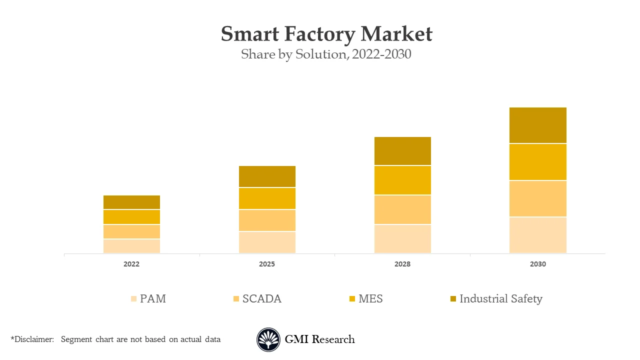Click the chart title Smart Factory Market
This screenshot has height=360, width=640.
click(326, 34)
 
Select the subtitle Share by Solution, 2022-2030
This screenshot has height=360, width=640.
click(326, 54)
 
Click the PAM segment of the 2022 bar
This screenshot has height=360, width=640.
click(132, 246)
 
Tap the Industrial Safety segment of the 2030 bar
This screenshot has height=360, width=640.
click(538, 125)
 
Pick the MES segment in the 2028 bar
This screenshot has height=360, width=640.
click(402, 180)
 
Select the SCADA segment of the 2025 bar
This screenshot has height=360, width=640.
click(267, 220)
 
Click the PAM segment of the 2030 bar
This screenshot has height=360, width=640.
click(538, 235)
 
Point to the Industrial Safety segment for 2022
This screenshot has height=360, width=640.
click(132, 202)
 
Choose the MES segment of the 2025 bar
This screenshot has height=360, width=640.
click(267, 198)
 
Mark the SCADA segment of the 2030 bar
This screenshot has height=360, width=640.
click(538, 198)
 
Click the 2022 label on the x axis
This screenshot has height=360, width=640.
click(132, 264)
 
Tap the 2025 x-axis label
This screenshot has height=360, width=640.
click(267, 264)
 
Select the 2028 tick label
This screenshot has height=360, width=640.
click(402, 264)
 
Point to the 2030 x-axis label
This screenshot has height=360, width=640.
click(538, 264)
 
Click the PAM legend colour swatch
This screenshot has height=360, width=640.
click(133, 299)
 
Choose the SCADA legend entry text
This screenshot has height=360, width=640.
click(262, 299)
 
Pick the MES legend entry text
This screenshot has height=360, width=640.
click(370, 299)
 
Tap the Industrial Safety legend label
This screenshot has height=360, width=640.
click(500, 299)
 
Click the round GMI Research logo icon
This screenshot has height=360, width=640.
click(268, 340)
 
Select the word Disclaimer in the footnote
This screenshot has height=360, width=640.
click(33, 339)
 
